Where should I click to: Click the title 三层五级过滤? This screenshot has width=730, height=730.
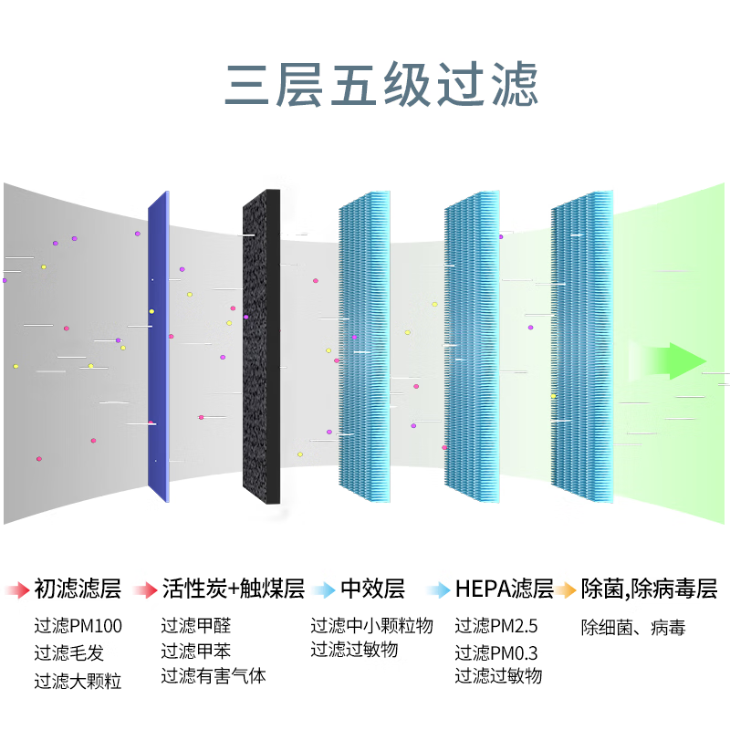click(x=381, y=84)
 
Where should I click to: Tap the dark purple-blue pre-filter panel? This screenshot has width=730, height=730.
click(x=158, y=347)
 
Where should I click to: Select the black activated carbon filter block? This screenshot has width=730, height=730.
click(x=261, y=347)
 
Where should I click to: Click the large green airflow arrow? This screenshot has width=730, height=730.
click(x=669, y=360)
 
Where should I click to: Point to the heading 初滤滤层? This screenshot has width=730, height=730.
click(x=78, y=589)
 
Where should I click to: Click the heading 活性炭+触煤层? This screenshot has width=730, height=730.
click(x=234, y=589)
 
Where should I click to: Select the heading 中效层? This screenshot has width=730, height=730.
click(x=372, y=589)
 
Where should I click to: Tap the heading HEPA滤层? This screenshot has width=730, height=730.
click(x=505, y=589)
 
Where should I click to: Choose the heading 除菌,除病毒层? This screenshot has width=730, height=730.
click(x=649, y=589)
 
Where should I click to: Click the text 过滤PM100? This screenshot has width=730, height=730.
click(x=78, y=626)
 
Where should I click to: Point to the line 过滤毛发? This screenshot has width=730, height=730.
click(x=69, y=652)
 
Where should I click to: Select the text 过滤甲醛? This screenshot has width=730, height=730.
click(x=196, y=625)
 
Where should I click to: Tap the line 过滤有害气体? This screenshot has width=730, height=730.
click(x=214, y=676)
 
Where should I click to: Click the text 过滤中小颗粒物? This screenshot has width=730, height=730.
click(x=371, y=625)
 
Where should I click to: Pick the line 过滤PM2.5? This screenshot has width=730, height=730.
click(x=496, y=626)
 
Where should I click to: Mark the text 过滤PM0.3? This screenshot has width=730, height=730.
click(x=496, y=652)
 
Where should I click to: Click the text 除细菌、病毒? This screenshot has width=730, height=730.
click(x=633, y=628)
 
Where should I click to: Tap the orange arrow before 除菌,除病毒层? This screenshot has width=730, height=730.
click(x=565, y=589)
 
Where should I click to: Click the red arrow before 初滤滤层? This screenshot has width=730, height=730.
click(x=17, y=589)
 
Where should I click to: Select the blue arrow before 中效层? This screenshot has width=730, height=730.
click(x=324, y=589)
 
